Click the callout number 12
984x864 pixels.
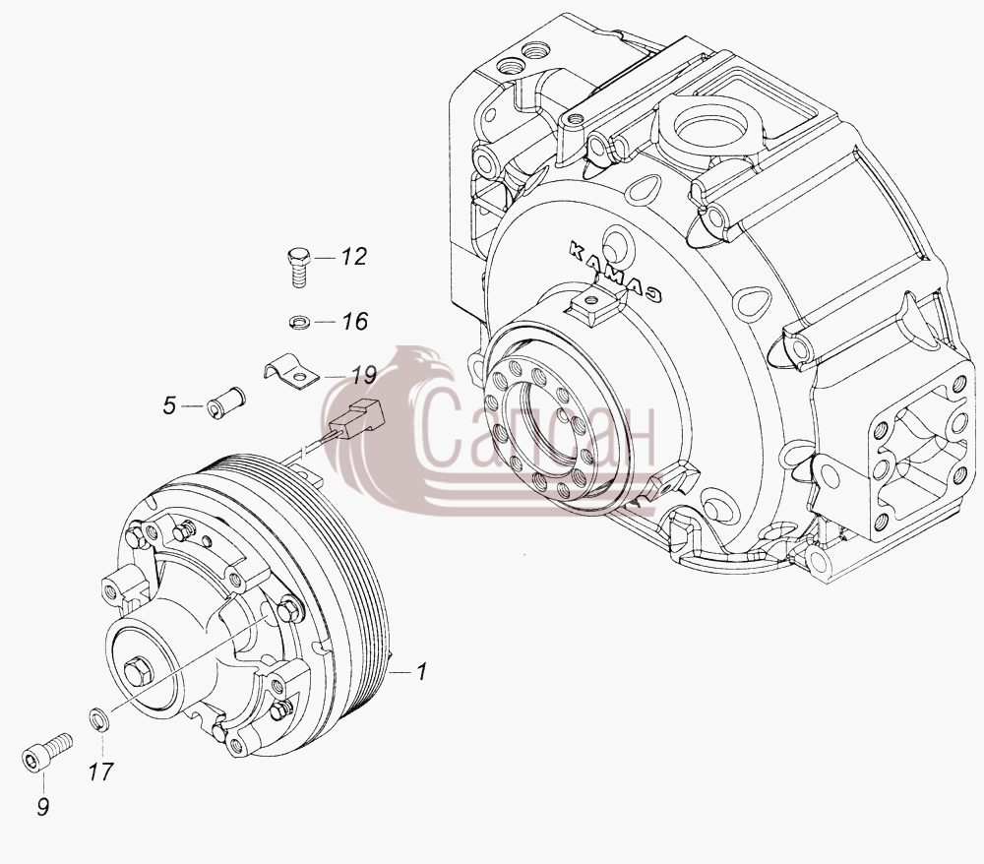[x=353, y=257]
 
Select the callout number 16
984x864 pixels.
[x=354, y=321]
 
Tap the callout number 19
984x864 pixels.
[x=363, y=376]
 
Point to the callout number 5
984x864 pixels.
[x=169, y=406]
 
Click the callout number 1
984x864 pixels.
[x=422, y=671]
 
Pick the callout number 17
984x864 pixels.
[x=100, y=771]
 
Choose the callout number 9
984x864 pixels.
[x=42, y=806]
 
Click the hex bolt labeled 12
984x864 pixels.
[x=298, y=268]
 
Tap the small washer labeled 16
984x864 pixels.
[x=300, y=323]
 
